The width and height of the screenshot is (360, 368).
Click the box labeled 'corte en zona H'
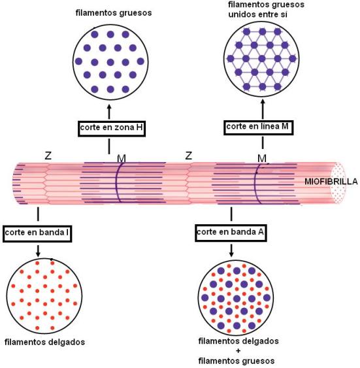112,128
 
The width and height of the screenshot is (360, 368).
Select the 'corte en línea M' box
259,127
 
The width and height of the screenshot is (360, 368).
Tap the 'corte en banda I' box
37,233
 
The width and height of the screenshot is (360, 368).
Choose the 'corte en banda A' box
231,233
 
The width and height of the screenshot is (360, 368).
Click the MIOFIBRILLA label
331,182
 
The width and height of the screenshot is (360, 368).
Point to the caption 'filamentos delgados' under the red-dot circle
44,342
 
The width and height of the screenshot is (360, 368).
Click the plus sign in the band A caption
238,351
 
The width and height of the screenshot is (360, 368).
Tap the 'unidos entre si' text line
257,14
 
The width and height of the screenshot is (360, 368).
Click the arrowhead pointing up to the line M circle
263,102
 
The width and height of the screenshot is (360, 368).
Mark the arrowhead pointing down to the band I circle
38,254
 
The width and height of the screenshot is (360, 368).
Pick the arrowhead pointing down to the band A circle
231,254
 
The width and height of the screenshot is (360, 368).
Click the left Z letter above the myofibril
48,156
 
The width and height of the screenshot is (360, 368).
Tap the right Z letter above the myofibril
189,156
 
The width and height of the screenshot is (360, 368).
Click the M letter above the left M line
122,159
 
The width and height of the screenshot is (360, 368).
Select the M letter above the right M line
262,158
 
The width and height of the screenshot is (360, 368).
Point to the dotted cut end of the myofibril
338,182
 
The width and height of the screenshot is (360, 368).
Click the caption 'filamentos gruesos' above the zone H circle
114,12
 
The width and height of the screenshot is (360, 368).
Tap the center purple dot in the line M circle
262,58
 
